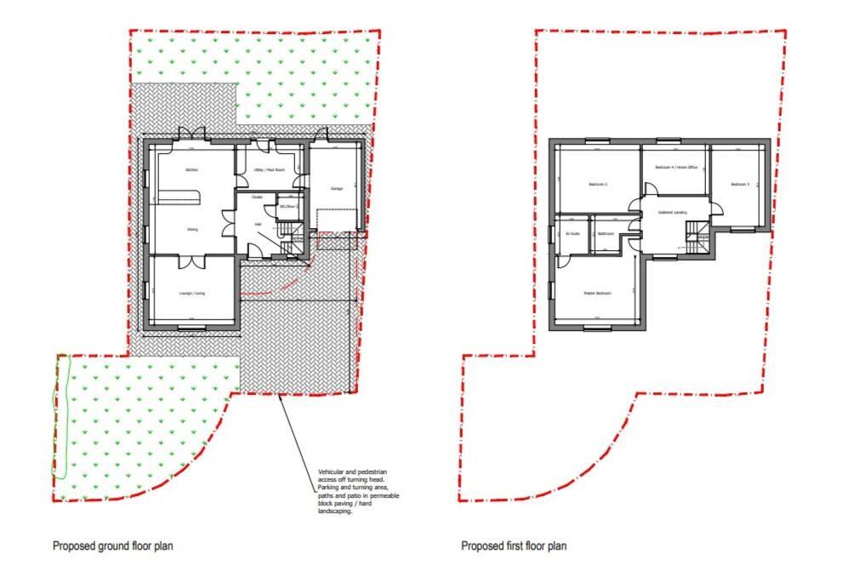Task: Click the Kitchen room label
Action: (x=192, y=170)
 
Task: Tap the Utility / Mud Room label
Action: (x=269, y=170)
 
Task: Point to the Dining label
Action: (x=193, y=229)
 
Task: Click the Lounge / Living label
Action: (x=192, y=294)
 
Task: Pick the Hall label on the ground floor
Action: (x=258, y=225)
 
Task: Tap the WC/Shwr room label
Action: (x=289, y=206)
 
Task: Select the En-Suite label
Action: (x=572, y=233)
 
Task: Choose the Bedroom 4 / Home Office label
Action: (x=676, y=168)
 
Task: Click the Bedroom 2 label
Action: (x=739, y=185)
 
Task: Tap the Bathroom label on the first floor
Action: (x=606, y=233)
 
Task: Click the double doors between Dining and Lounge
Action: (x=193, y=259)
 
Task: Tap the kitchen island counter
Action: (x=178, y=200)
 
